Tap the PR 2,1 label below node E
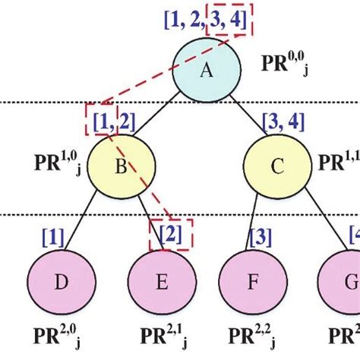(160, 336)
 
